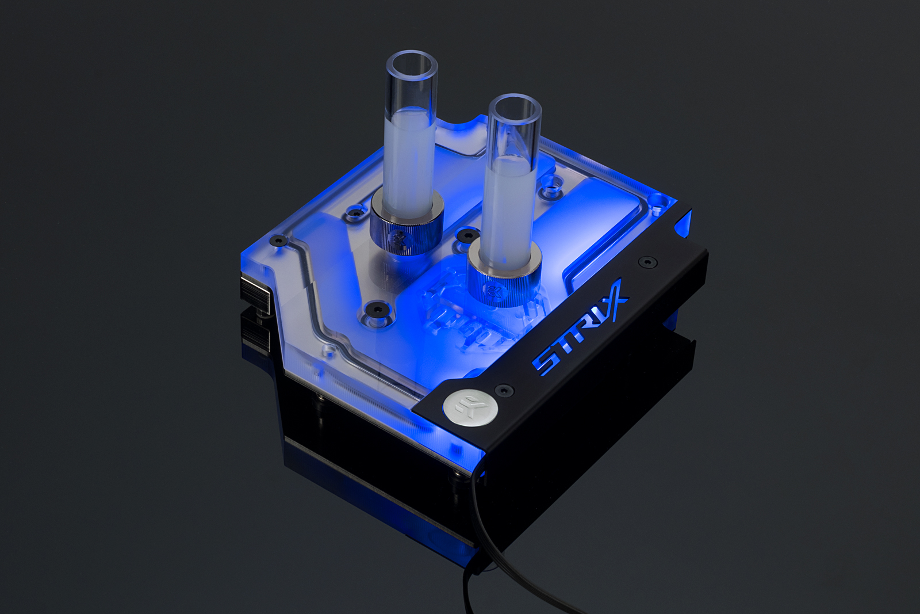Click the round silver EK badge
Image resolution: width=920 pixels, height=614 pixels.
(x=470, y=407)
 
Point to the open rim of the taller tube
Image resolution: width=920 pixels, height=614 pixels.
(x=412, y=65)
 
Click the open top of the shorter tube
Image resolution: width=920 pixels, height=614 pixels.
(x=515, y=109)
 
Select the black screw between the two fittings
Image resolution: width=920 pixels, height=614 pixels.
(x=468, y=235)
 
